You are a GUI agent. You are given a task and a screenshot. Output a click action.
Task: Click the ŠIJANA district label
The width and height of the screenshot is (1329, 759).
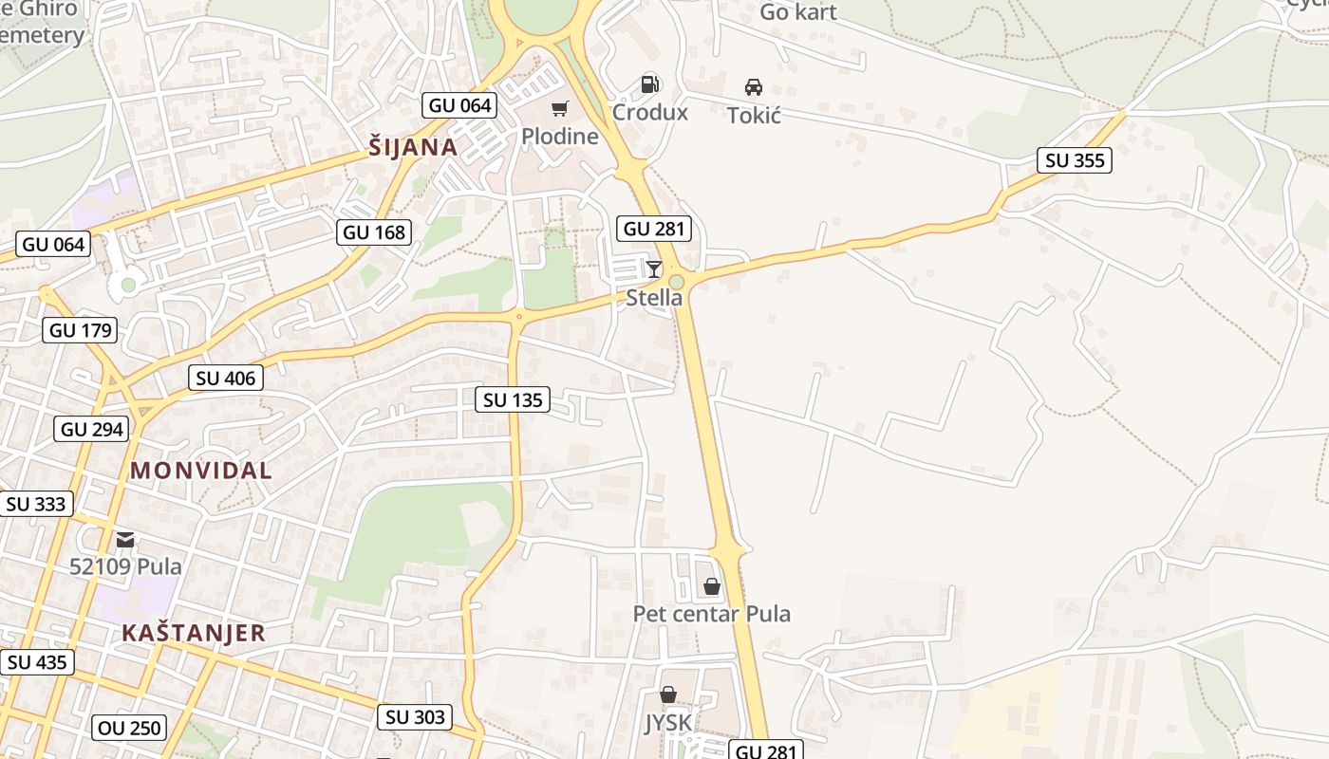click(x=413, y=147)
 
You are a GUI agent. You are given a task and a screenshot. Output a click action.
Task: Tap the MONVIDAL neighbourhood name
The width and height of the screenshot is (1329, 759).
click(x=200, y=470)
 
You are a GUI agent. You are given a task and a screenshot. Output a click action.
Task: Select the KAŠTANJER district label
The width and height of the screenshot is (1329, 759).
click(x=193, y=633)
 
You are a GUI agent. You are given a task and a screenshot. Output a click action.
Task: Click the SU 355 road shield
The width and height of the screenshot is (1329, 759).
click(x=1075, y=160)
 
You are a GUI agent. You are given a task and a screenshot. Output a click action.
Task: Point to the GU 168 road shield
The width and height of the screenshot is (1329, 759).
click(x=374, y=232)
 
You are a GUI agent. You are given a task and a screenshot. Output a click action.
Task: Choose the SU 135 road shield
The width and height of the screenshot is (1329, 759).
click(x=513, y=400)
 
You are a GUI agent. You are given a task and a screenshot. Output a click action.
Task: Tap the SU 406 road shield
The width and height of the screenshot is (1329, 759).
click(x=226, y=379)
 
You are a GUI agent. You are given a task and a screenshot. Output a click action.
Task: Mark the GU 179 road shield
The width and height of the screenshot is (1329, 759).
click(x=81, y=330)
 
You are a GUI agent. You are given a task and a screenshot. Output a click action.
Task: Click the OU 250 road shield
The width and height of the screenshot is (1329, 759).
click(x=130, y=729)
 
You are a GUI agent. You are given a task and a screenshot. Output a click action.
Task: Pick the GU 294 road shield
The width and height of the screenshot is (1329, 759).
click(x=92, y=429)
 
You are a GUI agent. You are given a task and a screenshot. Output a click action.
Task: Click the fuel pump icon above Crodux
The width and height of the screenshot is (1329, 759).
click(x=649, y=84)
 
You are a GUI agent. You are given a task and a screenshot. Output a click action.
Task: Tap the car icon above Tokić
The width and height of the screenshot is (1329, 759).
click(x=754, y=87)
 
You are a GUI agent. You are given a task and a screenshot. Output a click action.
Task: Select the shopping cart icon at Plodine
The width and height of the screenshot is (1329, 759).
click(x=559, y=109)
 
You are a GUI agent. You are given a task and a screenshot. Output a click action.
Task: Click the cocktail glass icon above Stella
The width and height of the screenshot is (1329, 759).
click(x=653, y=269)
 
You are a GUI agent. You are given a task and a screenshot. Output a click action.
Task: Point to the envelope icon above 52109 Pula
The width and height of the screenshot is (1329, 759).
click(x=125, y=541)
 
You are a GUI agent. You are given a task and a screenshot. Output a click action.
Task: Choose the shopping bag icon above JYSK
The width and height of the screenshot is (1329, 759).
click(x=668, y=695)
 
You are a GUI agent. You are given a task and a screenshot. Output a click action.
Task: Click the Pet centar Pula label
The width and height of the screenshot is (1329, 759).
click(x=711, y=614)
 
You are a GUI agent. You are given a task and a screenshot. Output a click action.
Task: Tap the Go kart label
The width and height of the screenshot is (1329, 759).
click(x=797, y=12)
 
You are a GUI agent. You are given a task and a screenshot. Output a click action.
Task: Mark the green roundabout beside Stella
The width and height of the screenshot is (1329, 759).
click(x=676, y=282)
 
